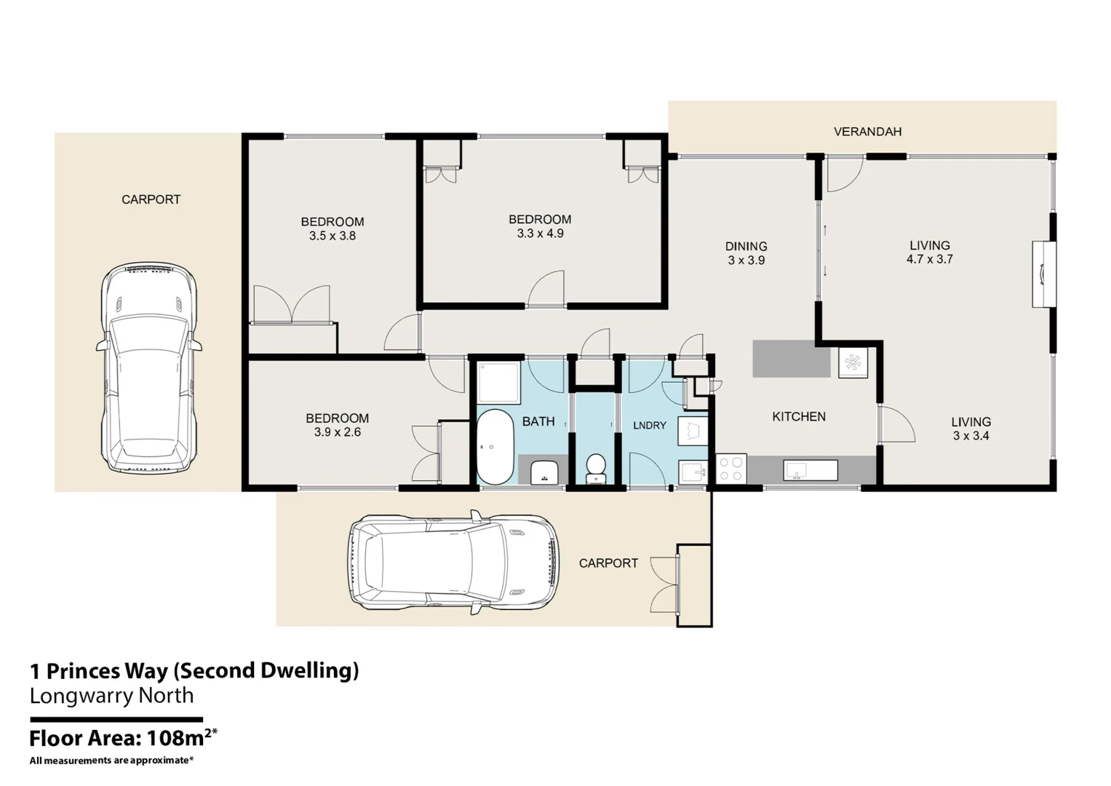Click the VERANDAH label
point(867,132)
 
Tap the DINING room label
point(746,246)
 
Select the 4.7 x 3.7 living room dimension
point(929,259)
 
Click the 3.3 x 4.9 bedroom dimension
point(540,233)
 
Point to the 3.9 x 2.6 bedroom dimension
point(338,432)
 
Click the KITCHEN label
point(799,417)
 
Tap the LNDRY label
point(649,426)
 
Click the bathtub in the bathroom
point(495,447)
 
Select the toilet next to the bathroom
point(596,469)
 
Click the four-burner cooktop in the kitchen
point(731,469)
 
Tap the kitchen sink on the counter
point(811,470)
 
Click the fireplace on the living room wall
point(1044,274)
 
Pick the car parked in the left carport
point(149,368)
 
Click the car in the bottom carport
point(453,562)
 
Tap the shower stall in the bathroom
point(498,383)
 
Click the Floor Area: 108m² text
point(124,738)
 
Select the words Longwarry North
point(111,696)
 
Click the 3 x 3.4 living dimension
point(971,436)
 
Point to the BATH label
point(538,422)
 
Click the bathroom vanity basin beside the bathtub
point(544,472)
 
